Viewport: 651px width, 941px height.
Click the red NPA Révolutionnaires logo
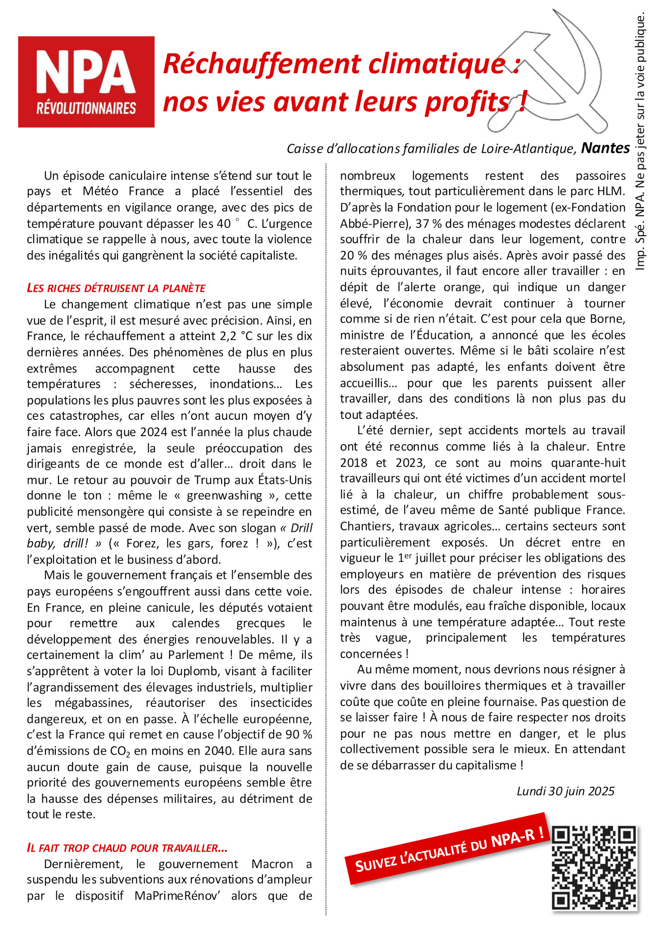[x=86, y=82]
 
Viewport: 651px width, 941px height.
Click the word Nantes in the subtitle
[x=605, y=148]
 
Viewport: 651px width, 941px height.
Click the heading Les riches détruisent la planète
[x=116, y=288]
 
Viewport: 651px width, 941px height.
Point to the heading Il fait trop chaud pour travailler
[x=127, y=848]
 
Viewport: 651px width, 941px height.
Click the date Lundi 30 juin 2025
[x=565, y=791]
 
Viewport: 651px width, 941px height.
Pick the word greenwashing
[x=224, y=496]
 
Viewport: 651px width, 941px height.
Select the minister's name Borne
[x=606, y=319]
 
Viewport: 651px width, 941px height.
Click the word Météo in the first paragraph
[x=100, y=191]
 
